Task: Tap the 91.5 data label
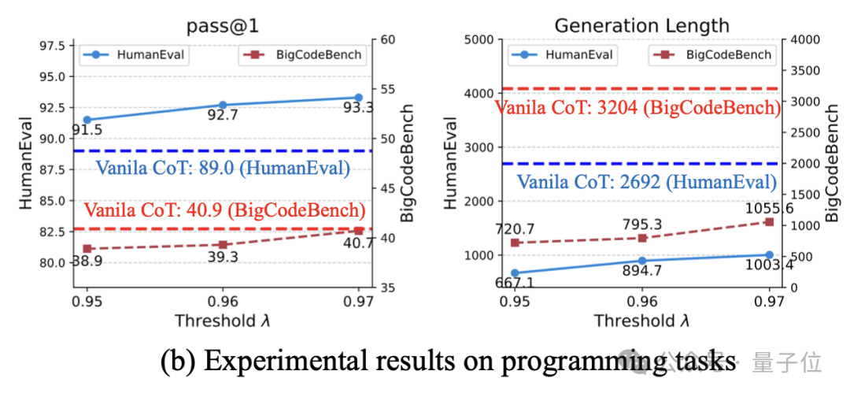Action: (x=87, y=131)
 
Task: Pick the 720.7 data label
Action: (x=515, y=229)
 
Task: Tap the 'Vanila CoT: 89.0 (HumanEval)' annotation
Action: (x=223, y=167)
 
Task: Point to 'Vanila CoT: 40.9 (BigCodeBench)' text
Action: (x=224, y=210)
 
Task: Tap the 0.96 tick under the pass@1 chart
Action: (x=223, y=302)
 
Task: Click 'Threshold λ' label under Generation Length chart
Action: (x=641, y=321)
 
